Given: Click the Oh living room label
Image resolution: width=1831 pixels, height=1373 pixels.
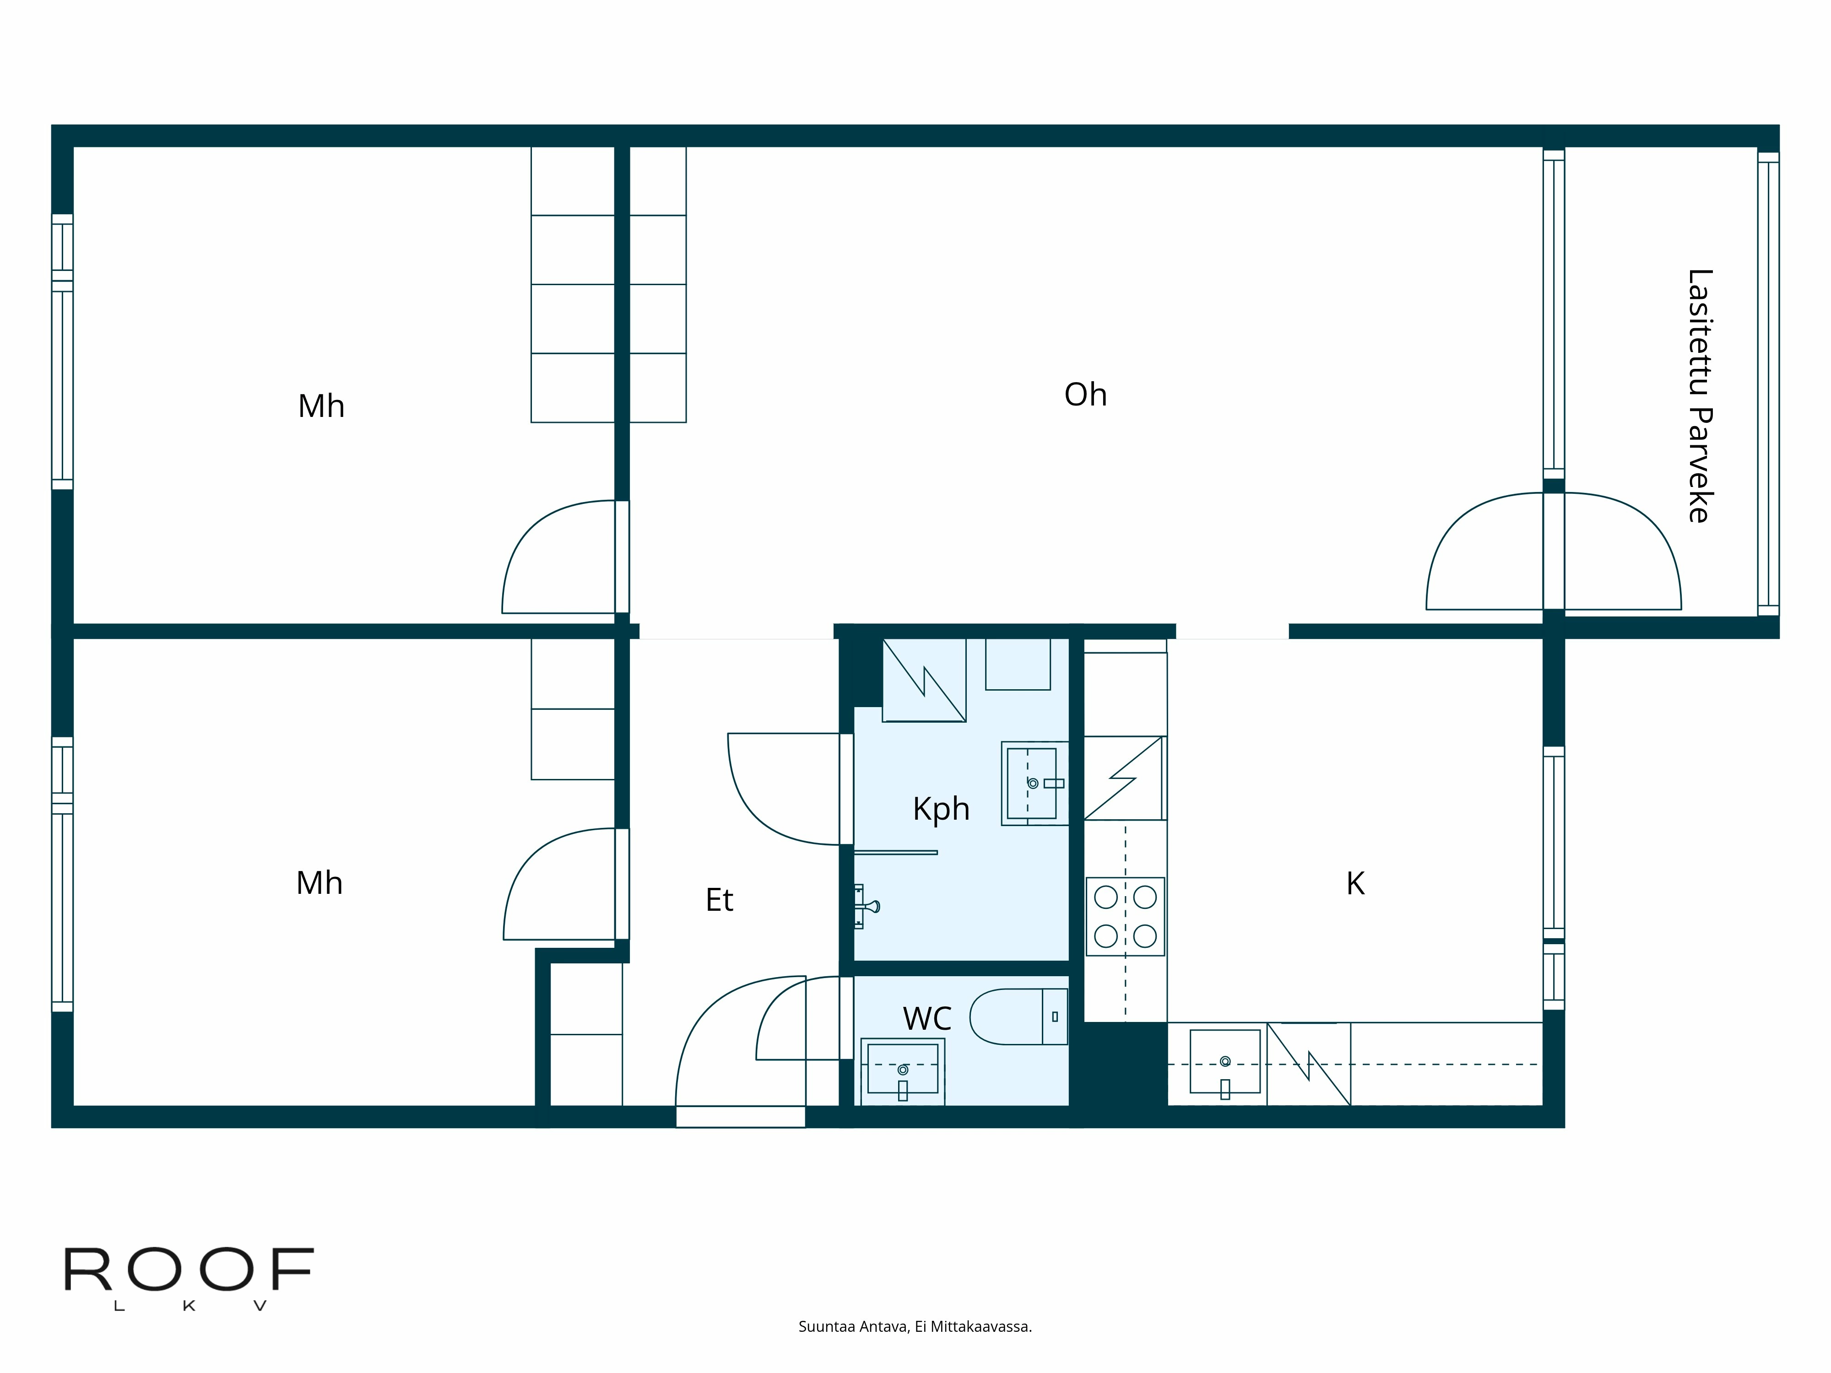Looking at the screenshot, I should (x=1085, y=395).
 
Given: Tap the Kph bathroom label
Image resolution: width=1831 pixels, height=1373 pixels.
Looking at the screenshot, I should (x=941, y=809).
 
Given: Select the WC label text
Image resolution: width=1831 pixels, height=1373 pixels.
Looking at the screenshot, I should (x=927, y=1019).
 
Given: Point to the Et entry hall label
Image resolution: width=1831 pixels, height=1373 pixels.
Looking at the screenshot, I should (x=719, y=900).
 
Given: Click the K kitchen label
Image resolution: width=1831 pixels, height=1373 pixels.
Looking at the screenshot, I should (x=1355, y=884).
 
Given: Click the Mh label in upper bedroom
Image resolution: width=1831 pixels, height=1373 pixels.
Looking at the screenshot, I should (x=321, y=406).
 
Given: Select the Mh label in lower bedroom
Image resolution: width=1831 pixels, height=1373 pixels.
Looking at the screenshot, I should (x=320, y=883).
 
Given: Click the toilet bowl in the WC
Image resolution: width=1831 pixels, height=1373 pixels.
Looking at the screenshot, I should (x=1006, y=1016).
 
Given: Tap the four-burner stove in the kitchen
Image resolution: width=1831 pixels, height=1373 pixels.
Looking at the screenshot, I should (x=1125, y=916).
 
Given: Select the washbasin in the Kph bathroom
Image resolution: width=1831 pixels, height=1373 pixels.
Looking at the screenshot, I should (x=1031, y=783).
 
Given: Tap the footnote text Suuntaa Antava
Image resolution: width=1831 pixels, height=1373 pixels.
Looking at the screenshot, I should (x=915, y=1327).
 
